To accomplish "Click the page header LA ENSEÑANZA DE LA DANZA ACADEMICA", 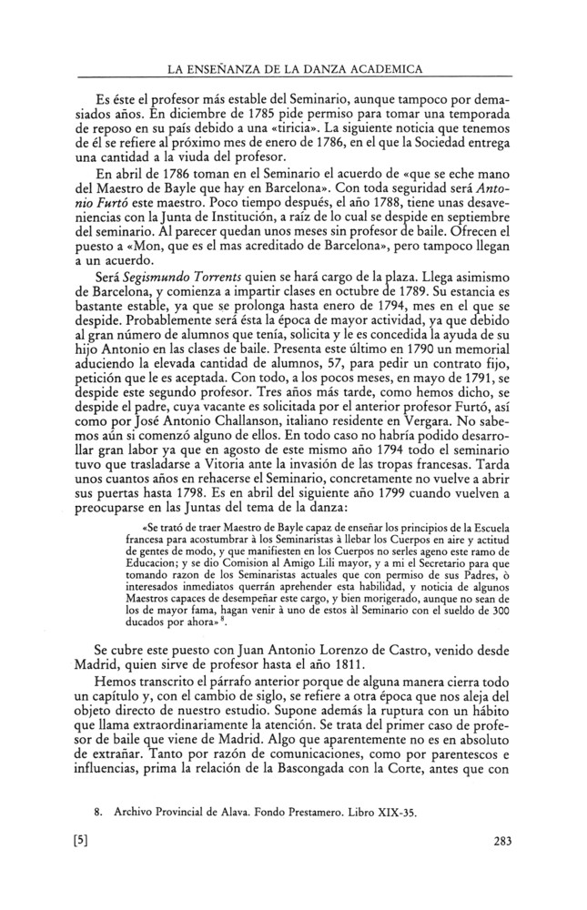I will point(292,69).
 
